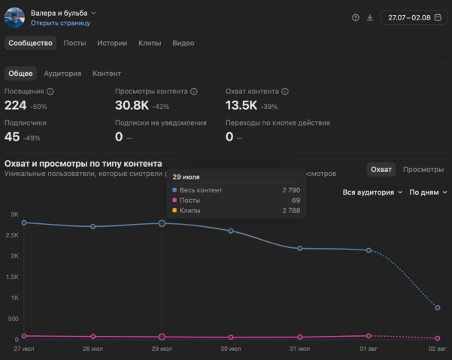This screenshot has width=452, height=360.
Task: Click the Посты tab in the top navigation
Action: (74, 43)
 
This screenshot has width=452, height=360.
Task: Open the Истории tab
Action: (112, 43)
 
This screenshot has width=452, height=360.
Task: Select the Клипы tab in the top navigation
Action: (150, 43)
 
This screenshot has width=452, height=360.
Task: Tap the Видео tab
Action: (184, 43)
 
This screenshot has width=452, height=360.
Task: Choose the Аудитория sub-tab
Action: (62, 74)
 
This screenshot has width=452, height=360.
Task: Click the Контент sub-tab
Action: (107, 74)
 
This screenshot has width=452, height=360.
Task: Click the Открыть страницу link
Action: (60, 23)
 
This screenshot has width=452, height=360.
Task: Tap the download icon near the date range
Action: (370, 18)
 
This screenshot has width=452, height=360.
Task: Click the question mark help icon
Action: (356, 18)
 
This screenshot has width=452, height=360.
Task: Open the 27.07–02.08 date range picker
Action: (414, 18)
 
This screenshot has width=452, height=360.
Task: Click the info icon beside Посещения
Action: (50, 91)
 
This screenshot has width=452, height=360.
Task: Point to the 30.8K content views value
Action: (132, 105)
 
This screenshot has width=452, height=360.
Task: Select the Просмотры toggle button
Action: (423, 170)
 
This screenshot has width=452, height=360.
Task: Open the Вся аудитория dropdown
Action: (372, 192)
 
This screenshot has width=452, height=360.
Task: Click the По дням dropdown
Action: (428, 192)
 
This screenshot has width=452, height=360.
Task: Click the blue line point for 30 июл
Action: (231, 231)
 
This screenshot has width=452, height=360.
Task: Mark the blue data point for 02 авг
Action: (438, 307)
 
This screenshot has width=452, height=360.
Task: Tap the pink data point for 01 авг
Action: (369, 336)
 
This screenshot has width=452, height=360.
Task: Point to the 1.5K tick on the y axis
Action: (12, 277)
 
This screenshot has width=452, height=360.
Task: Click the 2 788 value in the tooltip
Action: (291, 210)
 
